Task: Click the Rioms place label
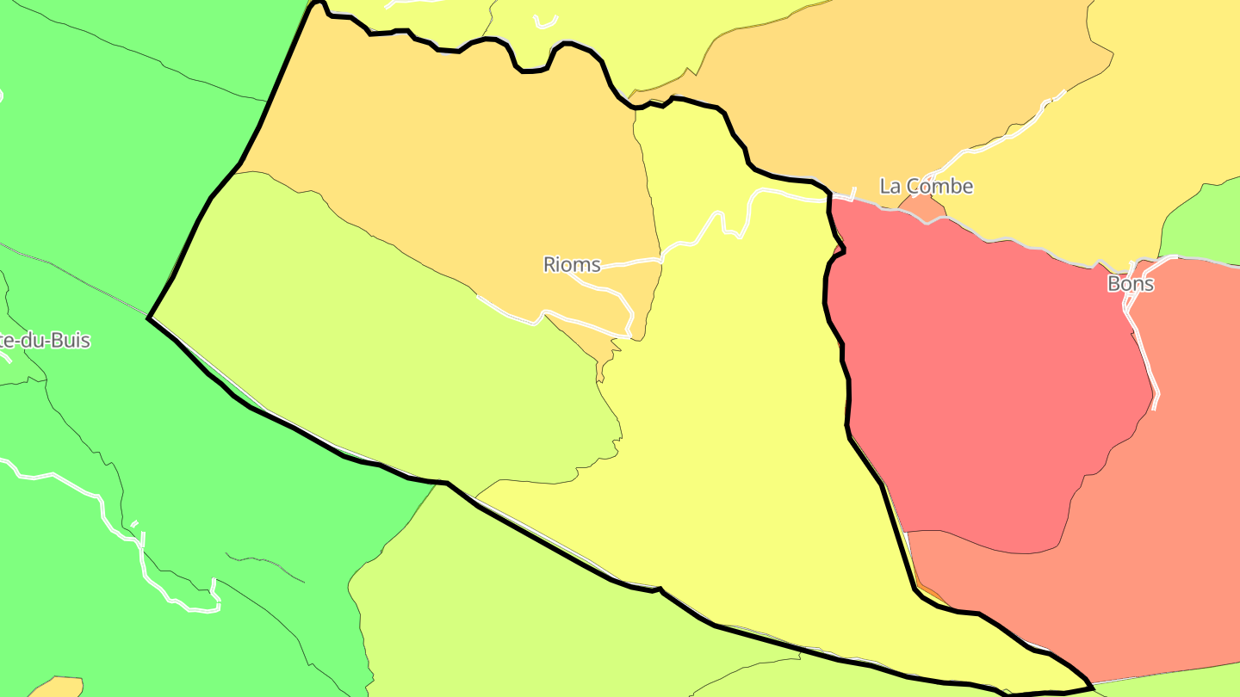(572, 264)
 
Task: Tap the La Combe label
(926, 186)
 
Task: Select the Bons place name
(1130, 284)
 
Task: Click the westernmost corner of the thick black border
(150, 318)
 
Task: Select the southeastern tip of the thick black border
(1092, 686)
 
